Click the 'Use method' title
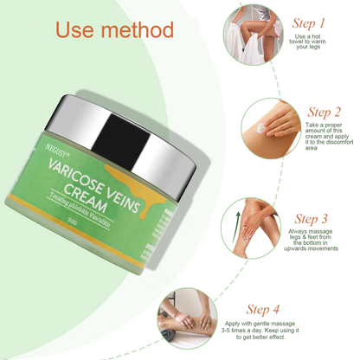[114, 30]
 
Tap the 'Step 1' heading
[310, 22]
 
